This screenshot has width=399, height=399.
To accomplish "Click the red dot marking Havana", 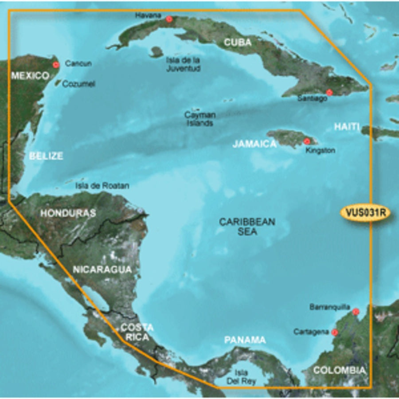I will (169, 19).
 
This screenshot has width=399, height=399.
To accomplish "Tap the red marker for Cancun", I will (55, 65).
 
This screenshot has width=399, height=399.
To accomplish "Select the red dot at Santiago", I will (329, 92).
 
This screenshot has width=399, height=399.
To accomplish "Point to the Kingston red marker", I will (307, 141).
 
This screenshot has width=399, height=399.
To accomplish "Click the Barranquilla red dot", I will (356, 312).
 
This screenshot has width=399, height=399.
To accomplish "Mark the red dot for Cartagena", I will (335, 332).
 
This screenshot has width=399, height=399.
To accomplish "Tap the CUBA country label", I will (237, 43).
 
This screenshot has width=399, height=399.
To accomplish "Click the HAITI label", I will (346, 127).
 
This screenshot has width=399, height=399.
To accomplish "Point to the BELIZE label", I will (46, 156).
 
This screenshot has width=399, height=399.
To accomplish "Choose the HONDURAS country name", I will (68, 213).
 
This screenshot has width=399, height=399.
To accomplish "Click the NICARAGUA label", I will (102, 269).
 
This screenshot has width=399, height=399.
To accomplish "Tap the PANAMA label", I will (245, 340).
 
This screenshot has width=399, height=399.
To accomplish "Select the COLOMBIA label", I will (340, 370).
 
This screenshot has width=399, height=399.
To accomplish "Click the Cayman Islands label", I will (200, 119).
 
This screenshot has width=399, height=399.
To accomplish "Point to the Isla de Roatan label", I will (96, 186).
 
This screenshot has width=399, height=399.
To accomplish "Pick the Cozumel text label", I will (78, 83).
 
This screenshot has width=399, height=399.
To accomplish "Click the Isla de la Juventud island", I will (156, 52).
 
